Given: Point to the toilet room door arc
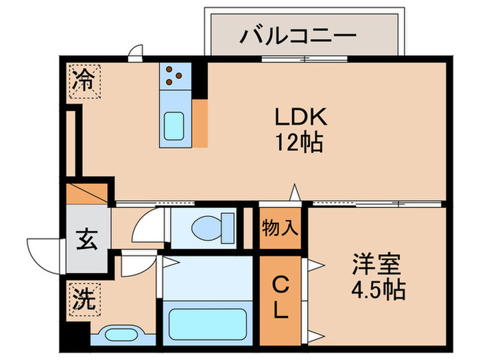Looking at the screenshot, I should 147,226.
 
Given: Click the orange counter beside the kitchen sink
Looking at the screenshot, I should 200,123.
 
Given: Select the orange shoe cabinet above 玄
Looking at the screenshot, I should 87,192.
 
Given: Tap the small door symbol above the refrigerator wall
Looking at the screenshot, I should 136,51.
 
